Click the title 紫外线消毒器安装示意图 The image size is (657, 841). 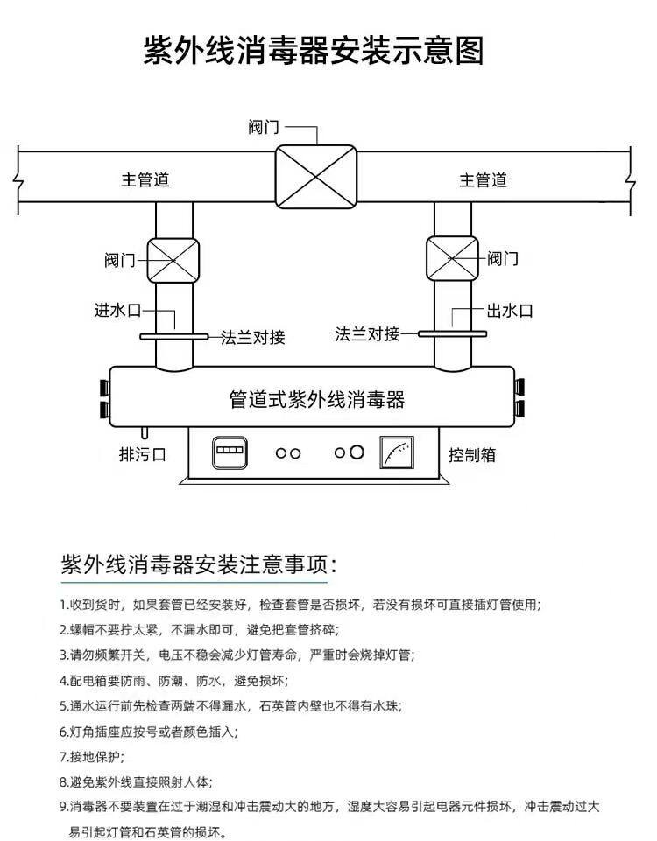314,50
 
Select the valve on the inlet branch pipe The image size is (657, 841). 173,259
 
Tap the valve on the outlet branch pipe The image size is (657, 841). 452,259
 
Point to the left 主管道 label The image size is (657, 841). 145,180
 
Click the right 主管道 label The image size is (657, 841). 484,180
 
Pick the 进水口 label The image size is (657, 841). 117,310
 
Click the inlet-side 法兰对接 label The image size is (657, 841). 252,337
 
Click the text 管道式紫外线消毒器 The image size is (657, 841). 316,400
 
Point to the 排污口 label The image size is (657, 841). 142,454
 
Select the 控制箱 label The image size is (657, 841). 472,455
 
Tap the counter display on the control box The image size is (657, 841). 229,453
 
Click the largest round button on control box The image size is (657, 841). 357,452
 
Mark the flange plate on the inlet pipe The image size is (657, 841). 173,336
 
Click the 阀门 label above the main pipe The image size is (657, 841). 265,127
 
